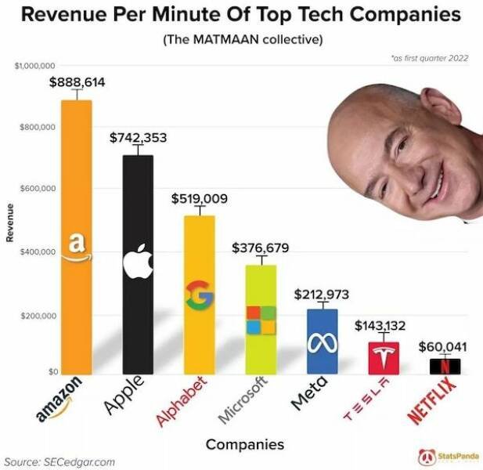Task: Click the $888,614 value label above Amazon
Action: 77,81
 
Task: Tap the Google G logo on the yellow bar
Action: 199,295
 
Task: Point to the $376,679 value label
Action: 260,248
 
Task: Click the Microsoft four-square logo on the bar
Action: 261,320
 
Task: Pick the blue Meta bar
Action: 322,341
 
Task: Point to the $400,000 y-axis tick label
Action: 37,252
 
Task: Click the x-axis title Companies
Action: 244,444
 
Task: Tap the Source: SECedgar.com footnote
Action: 59,461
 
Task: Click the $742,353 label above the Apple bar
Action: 138,138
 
